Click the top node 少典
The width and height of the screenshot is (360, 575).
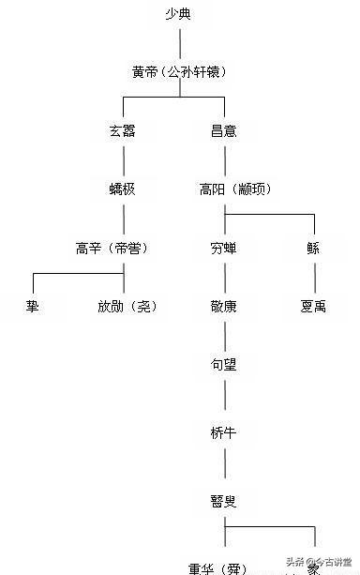(180, 14)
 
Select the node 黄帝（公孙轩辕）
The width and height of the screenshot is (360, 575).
(179, 71)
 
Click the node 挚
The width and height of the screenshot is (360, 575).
(33, 306)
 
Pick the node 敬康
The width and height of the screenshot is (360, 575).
(224, 306)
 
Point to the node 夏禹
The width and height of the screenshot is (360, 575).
(313, 306)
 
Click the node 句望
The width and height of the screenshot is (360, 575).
(224, 364)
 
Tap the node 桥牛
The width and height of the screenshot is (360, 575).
(224, 432)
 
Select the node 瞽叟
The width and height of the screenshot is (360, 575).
(224, 501)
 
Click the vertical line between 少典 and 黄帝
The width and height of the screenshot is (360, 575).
(180, 42)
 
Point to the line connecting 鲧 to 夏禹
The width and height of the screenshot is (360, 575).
(314, 277)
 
